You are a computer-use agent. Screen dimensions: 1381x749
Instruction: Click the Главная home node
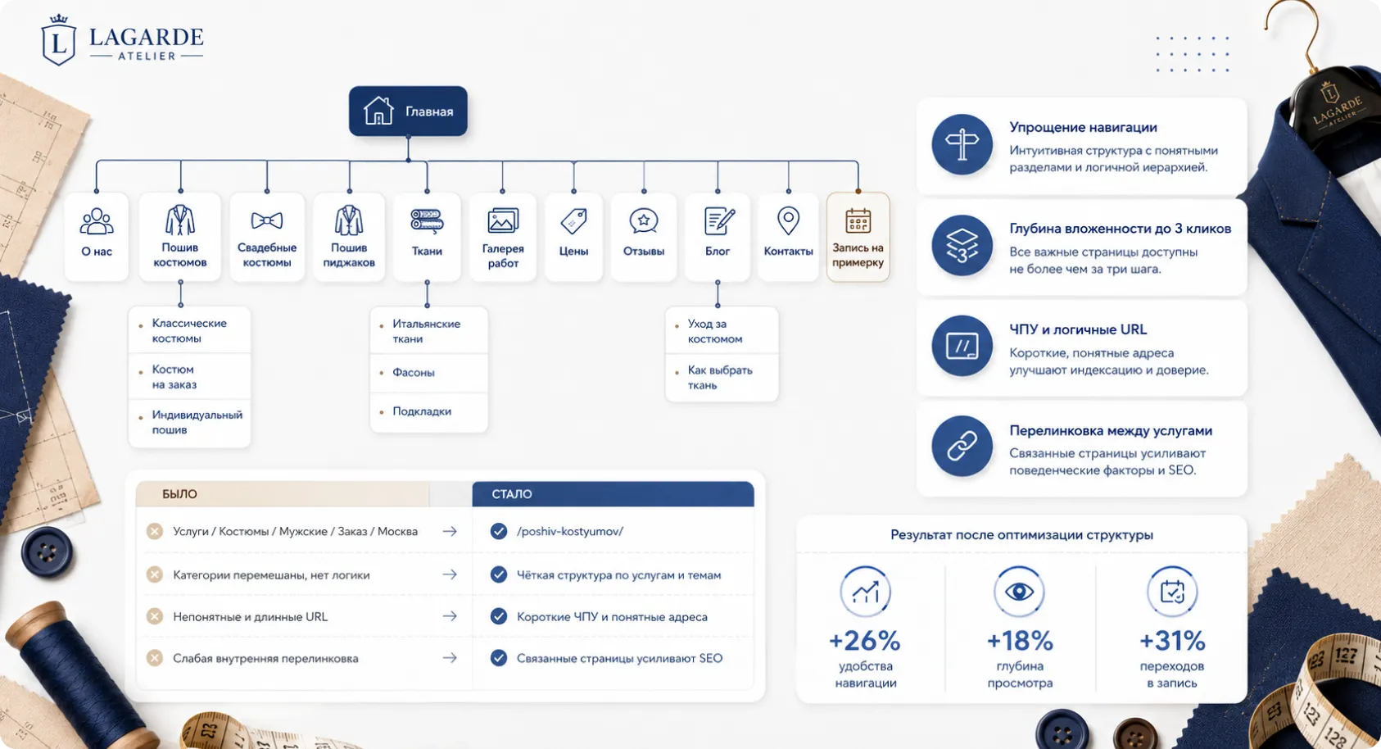click(408, 111)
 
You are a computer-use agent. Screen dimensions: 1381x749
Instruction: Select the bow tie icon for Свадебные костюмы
click(266, 220)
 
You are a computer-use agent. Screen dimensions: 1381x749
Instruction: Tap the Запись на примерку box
click(858, 237)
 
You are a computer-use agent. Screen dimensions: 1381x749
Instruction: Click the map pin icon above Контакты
click(788, 220)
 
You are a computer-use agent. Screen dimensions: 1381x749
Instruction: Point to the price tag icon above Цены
click(573, 221)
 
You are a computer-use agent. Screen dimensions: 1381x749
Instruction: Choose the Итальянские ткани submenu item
click(426, 331)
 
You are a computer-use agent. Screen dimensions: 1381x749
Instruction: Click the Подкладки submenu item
click(422, 411)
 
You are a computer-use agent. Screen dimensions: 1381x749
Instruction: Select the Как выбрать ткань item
click(719, 378)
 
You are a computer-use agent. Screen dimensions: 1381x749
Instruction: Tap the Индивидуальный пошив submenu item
click(197, 422)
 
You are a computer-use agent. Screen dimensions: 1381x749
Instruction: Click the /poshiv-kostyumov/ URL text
click(569, 531)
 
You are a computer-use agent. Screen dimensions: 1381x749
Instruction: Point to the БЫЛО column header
click(179, 493)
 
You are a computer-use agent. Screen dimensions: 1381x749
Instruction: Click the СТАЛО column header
click(512, 493)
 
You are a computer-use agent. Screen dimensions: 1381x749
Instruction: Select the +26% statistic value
click(864, 640)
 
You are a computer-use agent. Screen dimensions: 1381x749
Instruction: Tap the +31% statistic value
click(1171, 640)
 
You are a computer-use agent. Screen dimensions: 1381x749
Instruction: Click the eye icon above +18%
click(1019, 592)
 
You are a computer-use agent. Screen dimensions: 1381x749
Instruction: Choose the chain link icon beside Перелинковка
click(962, 446)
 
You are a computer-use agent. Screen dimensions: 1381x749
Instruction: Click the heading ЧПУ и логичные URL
click(1078, 329)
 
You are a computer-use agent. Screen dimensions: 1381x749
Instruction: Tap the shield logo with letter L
click(59, 40)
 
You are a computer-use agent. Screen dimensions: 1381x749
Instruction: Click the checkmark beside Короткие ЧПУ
click(499, 616)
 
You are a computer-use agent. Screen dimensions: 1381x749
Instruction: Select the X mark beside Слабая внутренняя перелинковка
click(155, 658)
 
